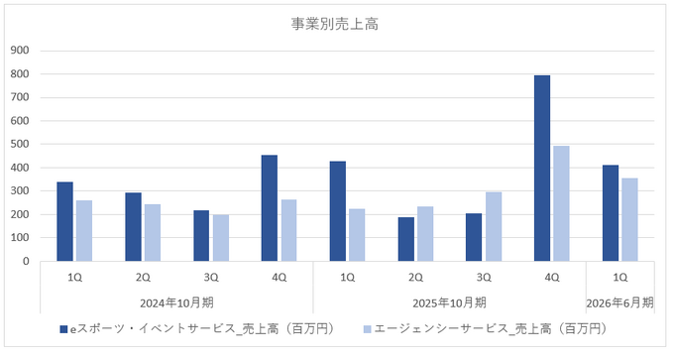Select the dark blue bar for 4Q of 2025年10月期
click(542, 169)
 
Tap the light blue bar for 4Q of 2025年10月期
click(561, 203)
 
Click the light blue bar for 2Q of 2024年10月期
click(153, 232)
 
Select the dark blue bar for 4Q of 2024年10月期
click(270, 207)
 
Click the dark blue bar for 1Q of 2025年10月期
click(338, 210)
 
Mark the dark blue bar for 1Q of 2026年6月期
click(611, 212)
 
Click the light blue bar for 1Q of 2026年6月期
click(629, 219)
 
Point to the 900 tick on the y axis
click(20, 51)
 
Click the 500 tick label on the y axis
click(20, 145)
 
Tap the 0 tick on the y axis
click(26, 262)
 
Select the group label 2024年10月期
click(176, 302)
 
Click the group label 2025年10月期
click(450, 302)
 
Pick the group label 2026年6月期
click(620, 302)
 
